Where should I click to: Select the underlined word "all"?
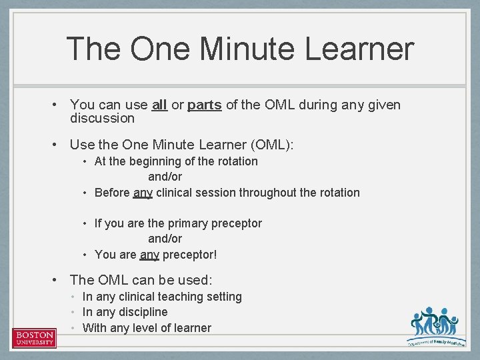[159, 105]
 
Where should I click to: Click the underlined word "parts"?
[205, 105]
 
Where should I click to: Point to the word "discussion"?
[102, 119]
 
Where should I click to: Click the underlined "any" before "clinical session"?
[143, 193]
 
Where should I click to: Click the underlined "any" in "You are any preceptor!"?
[149, 255]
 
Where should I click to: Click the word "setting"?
[222, 297]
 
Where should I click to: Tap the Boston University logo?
[34, 338]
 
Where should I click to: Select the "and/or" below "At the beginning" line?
[165, 177]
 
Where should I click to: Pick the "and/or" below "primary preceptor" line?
[165, 239]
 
